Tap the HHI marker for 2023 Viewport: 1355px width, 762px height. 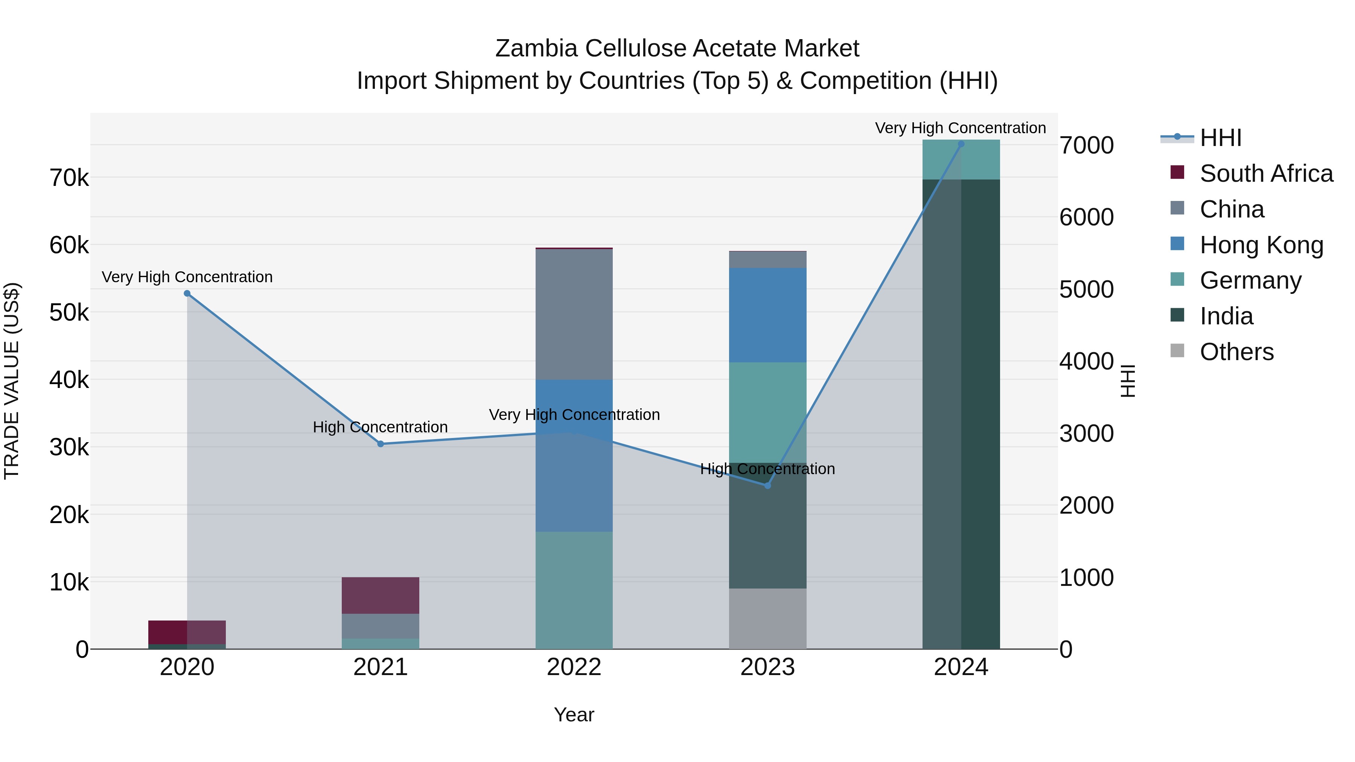[x=767, y=485]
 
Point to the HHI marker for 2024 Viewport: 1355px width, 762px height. [x=961, y=144]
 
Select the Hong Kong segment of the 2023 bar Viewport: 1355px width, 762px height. [x=767, y=315]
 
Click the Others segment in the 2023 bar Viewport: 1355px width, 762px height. [x=767, y=618]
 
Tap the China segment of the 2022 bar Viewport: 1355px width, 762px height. [x=574, y=315]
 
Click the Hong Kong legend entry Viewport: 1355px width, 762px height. [x=1261, y=245]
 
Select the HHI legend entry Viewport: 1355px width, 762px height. [x=1220, y=138]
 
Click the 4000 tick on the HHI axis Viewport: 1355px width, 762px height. [x=1086, y=361]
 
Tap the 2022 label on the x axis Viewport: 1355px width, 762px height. [x=574, y=667]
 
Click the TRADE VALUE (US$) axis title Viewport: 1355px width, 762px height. [x=12, y=381]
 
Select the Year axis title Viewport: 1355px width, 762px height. [x=574, y=715]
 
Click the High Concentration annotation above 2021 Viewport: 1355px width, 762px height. [x=380, y=427]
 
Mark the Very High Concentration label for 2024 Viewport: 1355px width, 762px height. [x=961, y=128]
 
